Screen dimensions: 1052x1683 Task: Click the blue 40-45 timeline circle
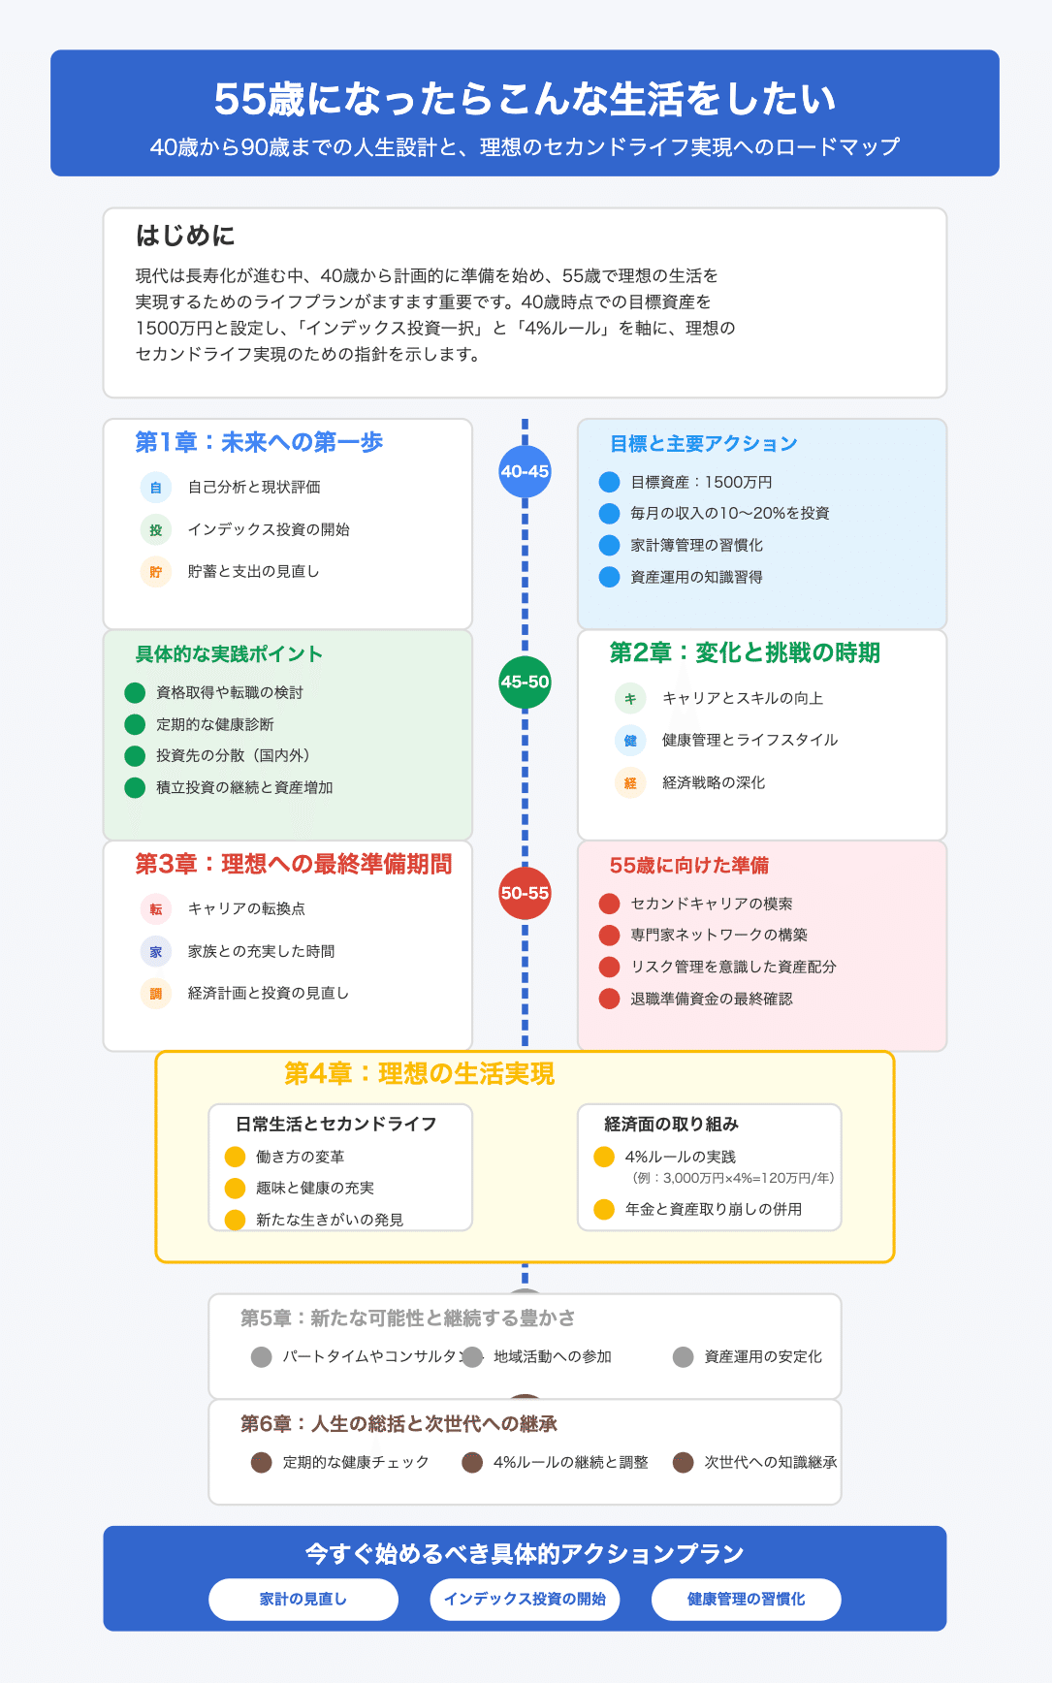525,471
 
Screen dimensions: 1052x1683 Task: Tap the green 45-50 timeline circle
525,682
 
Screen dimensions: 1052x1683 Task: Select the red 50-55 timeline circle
525,893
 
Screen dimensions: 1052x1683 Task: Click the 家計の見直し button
303,1599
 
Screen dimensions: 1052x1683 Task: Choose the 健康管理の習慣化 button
746,1599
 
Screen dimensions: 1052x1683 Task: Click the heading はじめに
185,236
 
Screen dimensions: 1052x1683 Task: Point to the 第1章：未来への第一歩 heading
259,442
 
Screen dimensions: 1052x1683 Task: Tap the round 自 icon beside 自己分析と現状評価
156,488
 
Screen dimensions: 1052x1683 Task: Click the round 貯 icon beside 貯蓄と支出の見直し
156,572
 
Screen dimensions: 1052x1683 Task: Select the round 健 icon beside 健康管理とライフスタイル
630,741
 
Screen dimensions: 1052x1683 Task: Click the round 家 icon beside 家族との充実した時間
156,952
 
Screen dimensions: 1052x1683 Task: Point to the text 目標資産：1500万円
701,482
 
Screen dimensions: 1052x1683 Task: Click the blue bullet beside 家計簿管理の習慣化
609,545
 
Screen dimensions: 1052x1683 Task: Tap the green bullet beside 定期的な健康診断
135,724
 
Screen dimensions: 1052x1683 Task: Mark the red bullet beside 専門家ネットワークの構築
609,935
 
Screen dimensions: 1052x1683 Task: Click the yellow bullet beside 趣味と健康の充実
235,1188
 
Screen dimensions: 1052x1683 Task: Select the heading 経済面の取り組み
671,1124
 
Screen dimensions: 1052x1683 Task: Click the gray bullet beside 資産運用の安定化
684,1356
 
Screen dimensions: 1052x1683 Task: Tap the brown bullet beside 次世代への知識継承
684,1462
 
